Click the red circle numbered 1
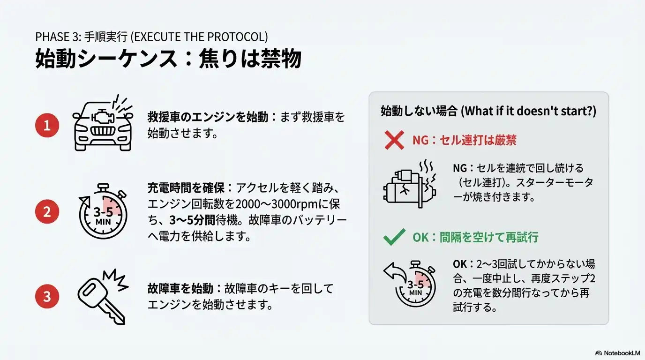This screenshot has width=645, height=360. [x=47, y=125]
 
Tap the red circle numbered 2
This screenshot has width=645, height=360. [x=47, y=211]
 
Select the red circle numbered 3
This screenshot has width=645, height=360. [x=47, y=296]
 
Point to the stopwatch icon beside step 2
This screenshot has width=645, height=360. [x=103, y=211]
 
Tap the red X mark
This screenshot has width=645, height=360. [x=394, y=140]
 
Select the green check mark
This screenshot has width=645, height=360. [x=394, y=237]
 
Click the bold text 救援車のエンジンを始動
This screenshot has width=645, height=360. [x=208, y=117]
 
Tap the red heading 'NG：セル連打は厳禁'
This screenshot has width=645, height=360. [x=464, y=140]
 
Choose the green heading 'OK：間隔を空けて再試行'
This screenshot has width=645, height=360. [x=475, y=237]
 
